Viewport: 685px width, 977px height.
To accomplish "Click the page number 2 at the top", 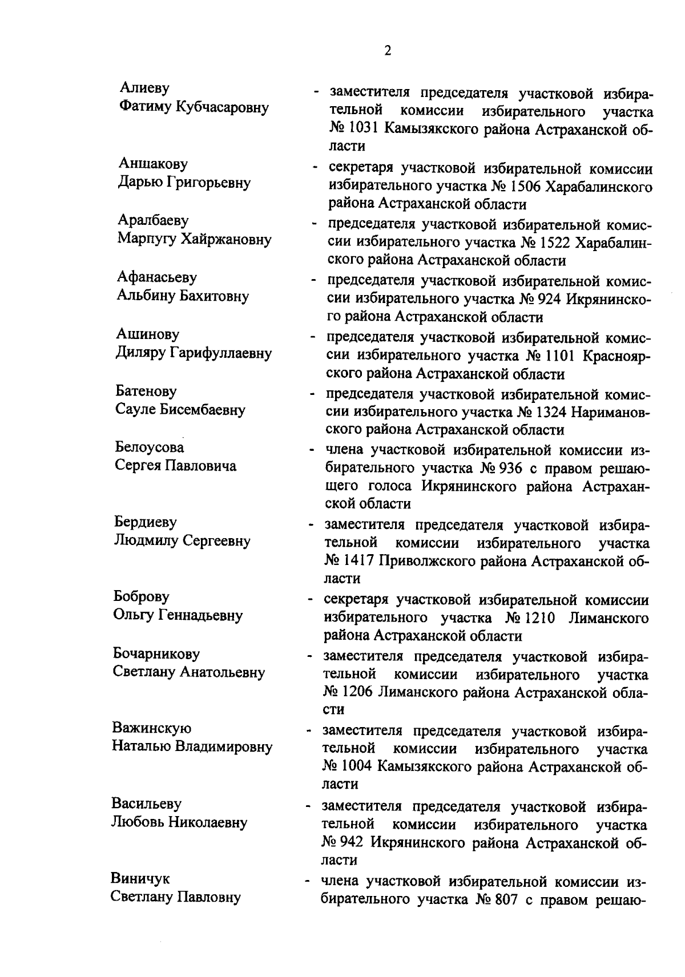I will pyautogui.click(x=388, y=51).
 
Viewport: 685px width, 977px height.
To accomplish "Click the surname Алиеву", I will pyautogui.click(x=145, y=88).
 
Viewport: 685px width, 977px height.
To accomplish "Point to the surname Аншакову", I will pyautogui.click(x=152, y=164).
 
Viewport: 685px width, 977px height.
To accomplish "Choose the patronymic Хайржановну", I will pyautogui.click(x=226, y=239).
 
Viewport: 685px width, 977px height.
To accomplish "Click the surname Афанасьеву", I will pyautogui.click(x=157, y=277).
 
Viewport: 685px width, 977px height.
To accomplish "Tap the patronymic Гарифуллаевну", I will pyautogui.click(x=220, y=353).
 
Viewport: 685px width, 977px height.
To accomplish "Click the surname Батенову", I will pyautogui.click(x=146, y=391).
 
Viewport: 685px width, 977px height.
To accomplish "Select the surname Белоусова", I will pyautogui.click(x=150, y=447).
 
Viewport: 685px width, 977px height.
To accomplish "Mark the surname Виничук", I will pyautogui.click(x=140, y=878).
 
